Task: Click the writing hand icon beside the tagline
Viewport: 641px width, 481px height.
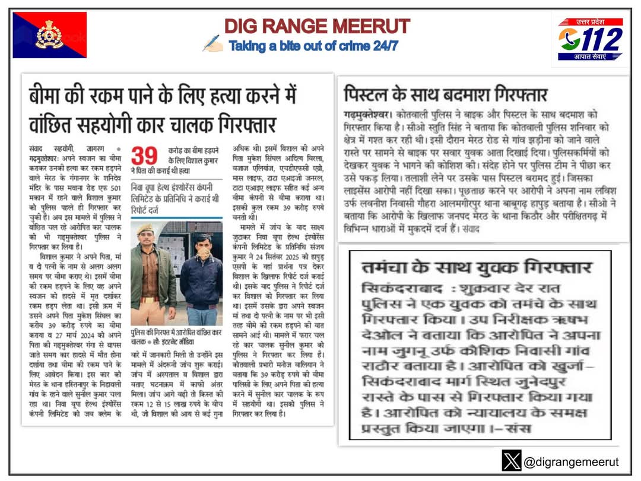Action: (212, 43)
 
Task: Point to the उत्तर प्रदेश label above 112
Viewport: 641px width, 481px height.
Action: (600, 22)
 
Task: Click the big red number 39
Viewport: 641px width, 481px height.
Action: (144, 156)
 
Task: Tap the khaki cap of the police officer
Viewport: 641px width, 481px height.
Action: (145, 229)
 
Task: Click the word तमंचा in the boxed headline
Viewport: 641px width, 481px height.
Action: (389, 266)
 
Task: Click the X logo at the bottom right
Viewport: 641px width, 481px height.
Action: (511, 461)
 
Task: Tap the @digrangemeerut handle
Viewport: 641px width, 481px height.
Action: (570, 461)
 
